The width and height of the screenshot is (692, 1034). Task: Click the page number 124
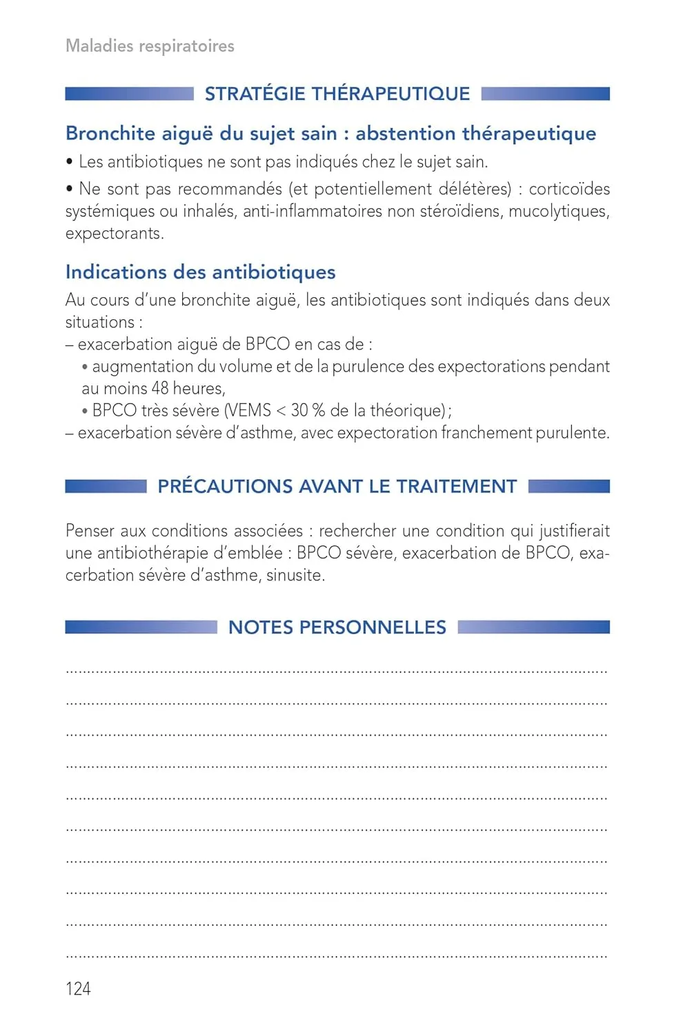(x=78, y=989)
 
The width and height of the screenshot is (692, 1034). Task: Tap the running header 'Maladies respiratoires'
(x=150, y=46)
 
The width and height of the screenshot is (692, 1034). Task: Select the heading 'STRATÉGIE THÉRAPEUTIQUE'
(x=337, y=94)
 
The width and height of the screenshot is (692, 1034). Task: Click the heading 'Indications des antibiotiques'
(x=200, y=272)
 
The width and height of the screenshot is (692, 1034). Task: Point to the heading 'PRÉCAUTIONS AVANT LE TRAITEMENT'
(x=337, y=487)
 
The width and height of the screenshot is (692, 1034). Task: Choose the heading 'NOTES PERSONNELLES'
(x=337, y=627)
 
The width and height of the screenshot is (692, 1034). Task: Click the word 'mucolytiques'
(x=559, y=211)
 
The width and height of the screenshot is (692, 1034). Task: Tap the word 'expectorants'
(x=114, y=234)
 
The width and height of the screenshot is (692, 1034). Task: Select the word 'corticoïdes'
(x=569, y=189)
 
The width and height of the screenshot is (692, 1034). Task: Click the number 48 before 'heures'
(x=160, y=388)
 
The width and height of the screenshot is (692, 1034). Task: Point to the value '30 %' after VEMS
(x=308, y=411)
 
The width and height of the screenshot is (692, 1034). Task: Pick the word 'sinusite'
(x=294, y=575)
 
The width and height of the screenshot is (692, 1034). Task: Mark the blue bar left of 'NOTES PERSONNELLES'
(x=141, y=627)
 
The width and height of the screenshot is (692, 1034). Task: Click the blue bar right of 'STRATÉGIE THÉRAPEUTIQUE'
(x=545, y=94)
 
